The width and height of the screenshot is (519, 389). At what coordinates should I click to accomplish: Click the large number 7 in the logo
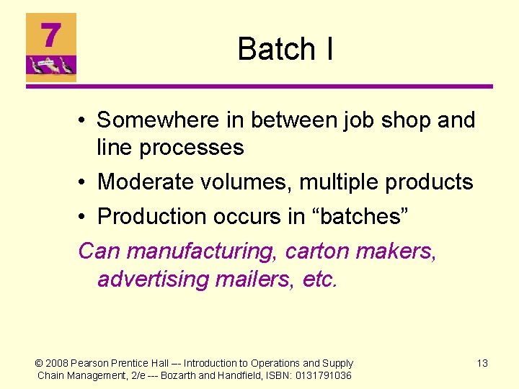pos(50,35)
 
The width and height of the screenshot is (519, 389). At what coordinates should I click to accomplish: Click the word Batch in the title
pos(276,49)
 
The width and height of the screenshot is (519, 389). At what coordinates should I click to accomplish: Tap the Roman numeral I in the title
pos(329,49)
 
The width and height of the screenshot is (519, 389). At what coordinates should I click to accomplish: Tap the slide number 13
pos(482,363)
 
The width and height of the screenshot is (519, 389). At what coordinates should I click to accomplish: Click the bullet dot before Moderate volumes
pos(84,182)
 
